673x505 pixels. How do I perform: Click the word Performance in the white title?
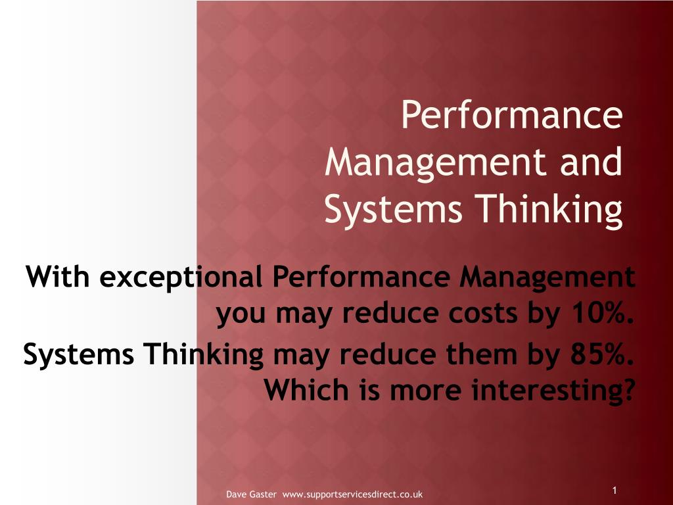pos(512,114)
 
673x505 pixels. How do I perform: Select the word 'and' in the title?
pos(592,162)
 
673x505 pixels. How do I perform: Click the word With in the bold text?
pos(58,276)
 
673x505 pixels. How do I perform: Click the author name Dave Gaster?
pos(251,494)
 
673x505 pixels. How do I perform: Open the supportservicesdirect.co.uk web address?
pos(352,494)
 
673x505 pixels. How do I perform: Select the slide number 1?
pos(615,491)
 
